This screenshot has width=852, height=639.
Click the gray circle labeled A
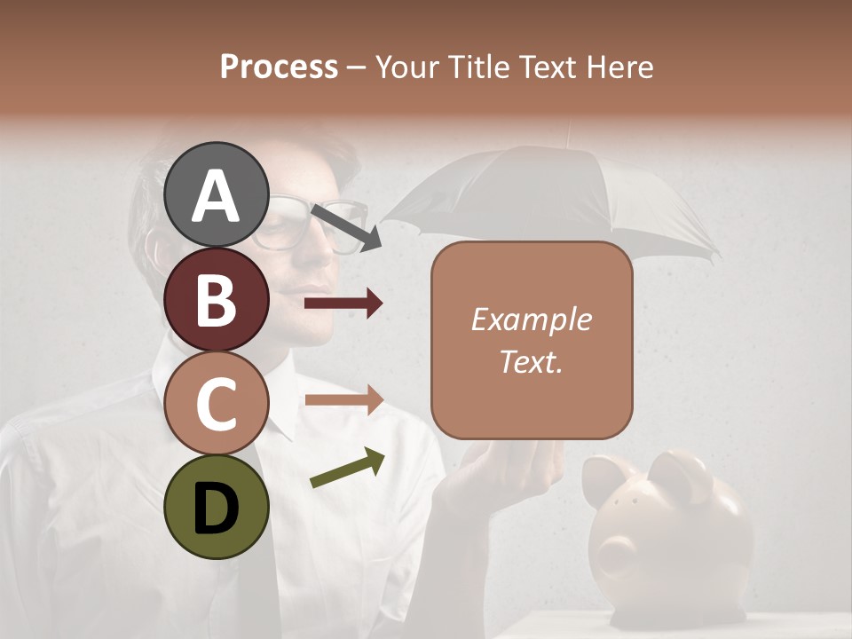coord(216,194)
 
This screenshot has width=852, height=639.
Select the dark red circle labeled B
coord(216,299)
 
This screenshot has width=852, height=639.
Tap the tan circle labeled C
coord(216,403)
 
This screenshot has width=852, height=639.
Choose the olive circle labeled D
coord(216,507)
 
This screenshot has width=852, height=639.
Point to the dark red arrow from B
coord(343,304)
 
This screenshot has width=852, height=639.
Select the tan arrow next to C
coord(343,399)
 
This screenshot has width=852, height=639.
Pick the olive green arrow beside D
coord(347,469)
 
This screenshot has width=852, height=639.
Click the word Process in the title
coord(279,67)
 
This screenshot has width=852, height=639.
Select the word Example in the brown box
coord(531,319)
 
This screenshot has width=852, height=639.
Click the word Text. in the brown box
coord(531,361)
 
